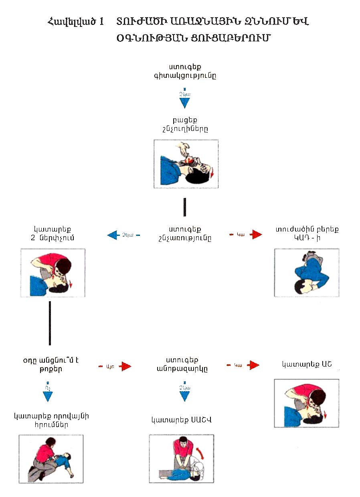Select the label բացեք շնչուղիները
(x=185, y=124)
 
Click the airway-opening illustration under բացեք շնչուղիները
(x=186, y=164)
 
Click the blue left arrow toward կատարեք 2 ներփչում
(x=114, y=235)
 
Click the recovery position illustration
(x=306, y=272)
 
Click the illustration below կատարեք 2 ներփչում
(x=53, y=272)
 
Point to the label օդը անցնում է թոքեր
(x=51, y=365)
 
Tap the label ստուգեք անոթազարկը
(x=185, y=365)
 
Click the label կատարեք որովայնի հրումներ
(x=51, y=420)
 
